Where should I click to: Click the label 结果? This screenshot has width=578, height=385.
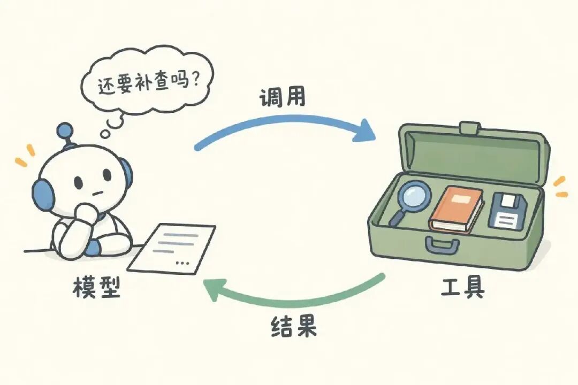(294, 326)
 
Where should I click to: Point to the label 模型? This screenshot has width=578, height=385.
(97, 287)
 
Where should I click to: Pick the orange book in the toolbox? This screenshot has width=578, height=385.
(456, 210)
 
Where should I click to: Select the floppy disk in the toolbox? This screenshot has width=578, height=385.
(507, 211)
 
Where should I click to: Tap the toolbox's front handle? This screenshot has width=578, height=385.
(443, 245)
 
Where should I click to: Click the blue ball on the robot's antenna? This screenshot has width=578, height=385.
(65, 130)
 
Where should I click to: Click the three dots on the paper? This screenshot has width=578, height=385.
(183, 263)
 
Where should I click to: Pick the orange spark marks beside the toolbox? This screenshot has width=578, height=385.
(560, 187)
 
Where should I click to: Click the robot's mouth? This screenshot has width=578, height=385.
(96, 192)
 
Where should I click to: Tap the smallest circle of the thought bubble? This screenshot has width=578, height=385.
(106, 133)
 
